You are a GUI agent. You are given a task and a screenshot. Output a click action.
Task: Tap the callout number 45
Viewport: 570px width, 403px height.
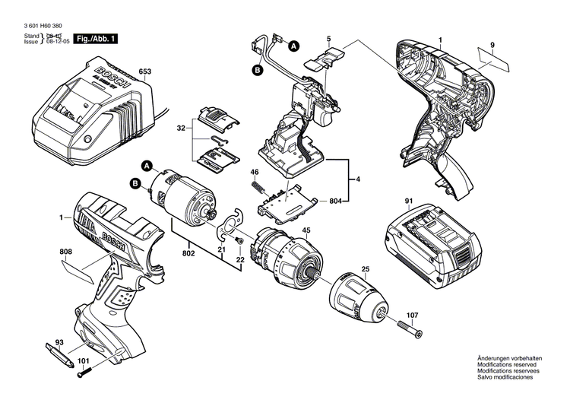coord(306,230)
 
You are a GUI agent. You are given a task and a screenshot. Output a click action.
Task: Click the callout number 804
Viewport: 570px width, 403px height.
coord(335,201)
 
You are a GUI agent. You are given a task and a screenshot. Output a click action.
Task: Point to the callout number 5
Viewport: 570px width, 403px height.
coord(328,38)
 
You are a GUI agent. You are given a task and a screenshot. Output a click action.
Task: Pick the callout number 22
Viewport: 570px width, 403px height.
coord(240,260)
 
